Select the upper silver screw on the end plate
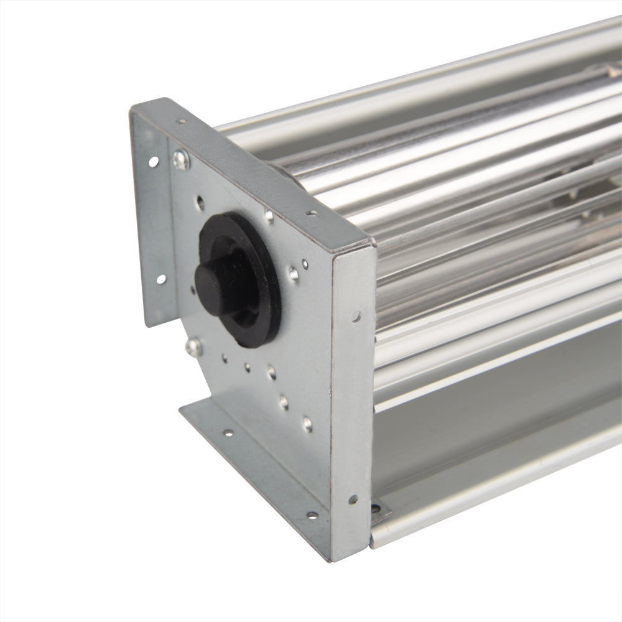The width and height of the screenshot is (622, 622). [181, 160]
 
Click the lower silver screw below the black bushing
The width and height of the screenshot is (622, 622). [193, 347]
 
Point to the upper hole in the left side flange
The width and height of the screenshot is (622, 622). [153, 162]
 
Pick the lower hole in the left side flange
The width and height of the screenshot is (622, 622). [160, 279]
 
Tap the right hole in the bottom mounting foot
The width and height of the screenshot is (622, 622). [311, 515]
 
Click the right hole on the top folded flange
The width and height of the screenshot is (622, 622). [311, 213]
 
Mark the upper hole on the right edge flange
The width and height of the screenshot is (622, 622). [356, 317]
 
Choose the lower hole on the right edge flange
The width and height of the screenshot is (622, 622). [353, 499]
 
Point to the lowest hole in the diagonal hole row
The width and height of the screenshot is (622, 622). [307, 425]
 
